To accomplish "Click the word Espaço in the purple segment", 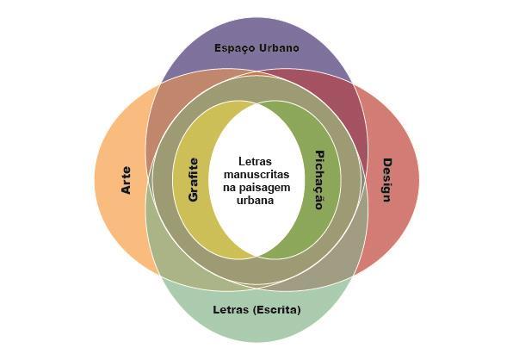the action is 234,48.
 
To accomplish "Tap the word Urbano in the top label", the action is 279,47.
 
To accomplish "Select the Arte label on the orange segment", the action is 126,180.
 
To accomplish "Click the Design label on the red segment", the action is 387,180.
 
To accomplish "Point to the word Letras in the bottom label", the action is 231,309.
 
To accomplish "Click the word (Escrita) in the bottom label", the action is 277,310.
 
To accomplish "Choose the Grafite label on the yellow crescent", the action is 194,180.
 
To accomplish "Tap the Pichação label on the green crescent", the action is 319,180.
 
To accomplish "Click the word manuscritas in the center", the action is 256,175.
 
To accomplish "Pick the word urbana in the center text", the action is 255,201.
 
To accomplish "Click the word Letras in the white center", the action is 255,161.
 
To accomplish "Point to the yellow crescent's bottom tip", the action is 256,256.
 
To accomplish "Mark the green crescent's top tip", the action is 257,104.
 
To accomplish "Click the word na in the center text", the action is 230,189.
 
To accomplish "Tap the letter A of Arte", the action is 126,189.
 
